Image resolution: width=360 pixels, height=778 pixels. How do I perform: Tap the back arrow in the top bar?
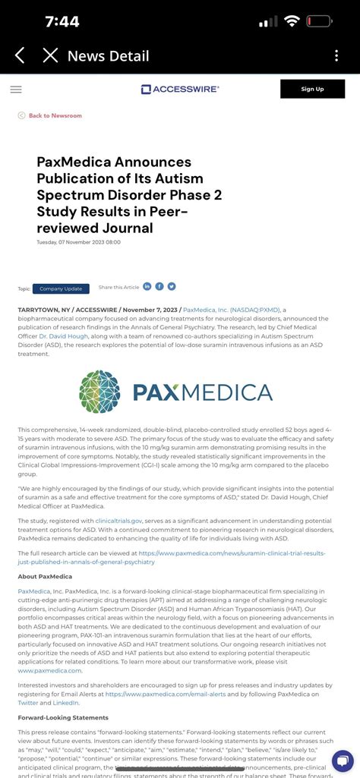coord(21,55)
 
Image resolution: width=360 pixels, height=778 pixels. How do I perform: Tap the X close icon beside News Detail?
coord(50,55)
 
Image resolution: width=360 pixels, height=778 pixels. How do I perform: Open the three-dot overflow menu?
coord(336,56)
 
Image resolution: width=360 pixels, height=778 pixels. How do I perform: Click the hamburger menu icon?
coord(16,89)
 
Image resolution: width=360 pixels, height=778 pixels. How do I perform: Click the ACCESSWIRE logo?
coord(180,89)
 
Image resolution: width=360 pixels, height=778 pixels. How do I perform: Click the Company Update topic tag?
coord(61,288)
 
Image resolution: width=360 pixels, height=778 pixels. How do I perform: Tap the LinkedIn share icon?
coord(147,286)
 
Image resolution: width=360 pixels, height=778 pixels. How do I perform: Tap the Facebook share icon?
coord(159,286)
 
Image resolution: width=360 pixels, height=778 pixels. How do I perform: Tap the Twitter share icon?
coord(172,286)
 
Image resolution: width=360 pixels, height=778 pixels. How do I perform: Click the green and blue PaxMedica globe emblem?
coord(99,392)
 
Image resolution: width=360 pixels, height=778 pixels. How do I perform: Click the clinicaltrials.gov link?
coord(118,521)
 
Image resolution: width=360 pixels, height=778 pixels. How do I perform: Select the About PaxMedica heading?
coord(46,576)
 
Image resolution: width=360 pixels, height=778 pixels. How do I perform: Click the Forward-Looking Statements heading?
coord(63,717)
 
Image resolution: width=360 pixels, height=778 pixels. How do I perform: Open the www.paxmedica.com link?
coord(49,670)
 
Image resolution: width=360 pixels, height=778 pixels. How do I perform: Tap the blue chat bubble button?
coord(343,761)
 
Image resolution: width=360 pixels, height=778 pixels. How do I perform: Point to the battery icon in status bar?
coord(318,21)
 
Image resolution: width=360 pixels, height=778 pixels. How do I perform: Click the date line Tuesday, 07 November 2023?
coord(78,242)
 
